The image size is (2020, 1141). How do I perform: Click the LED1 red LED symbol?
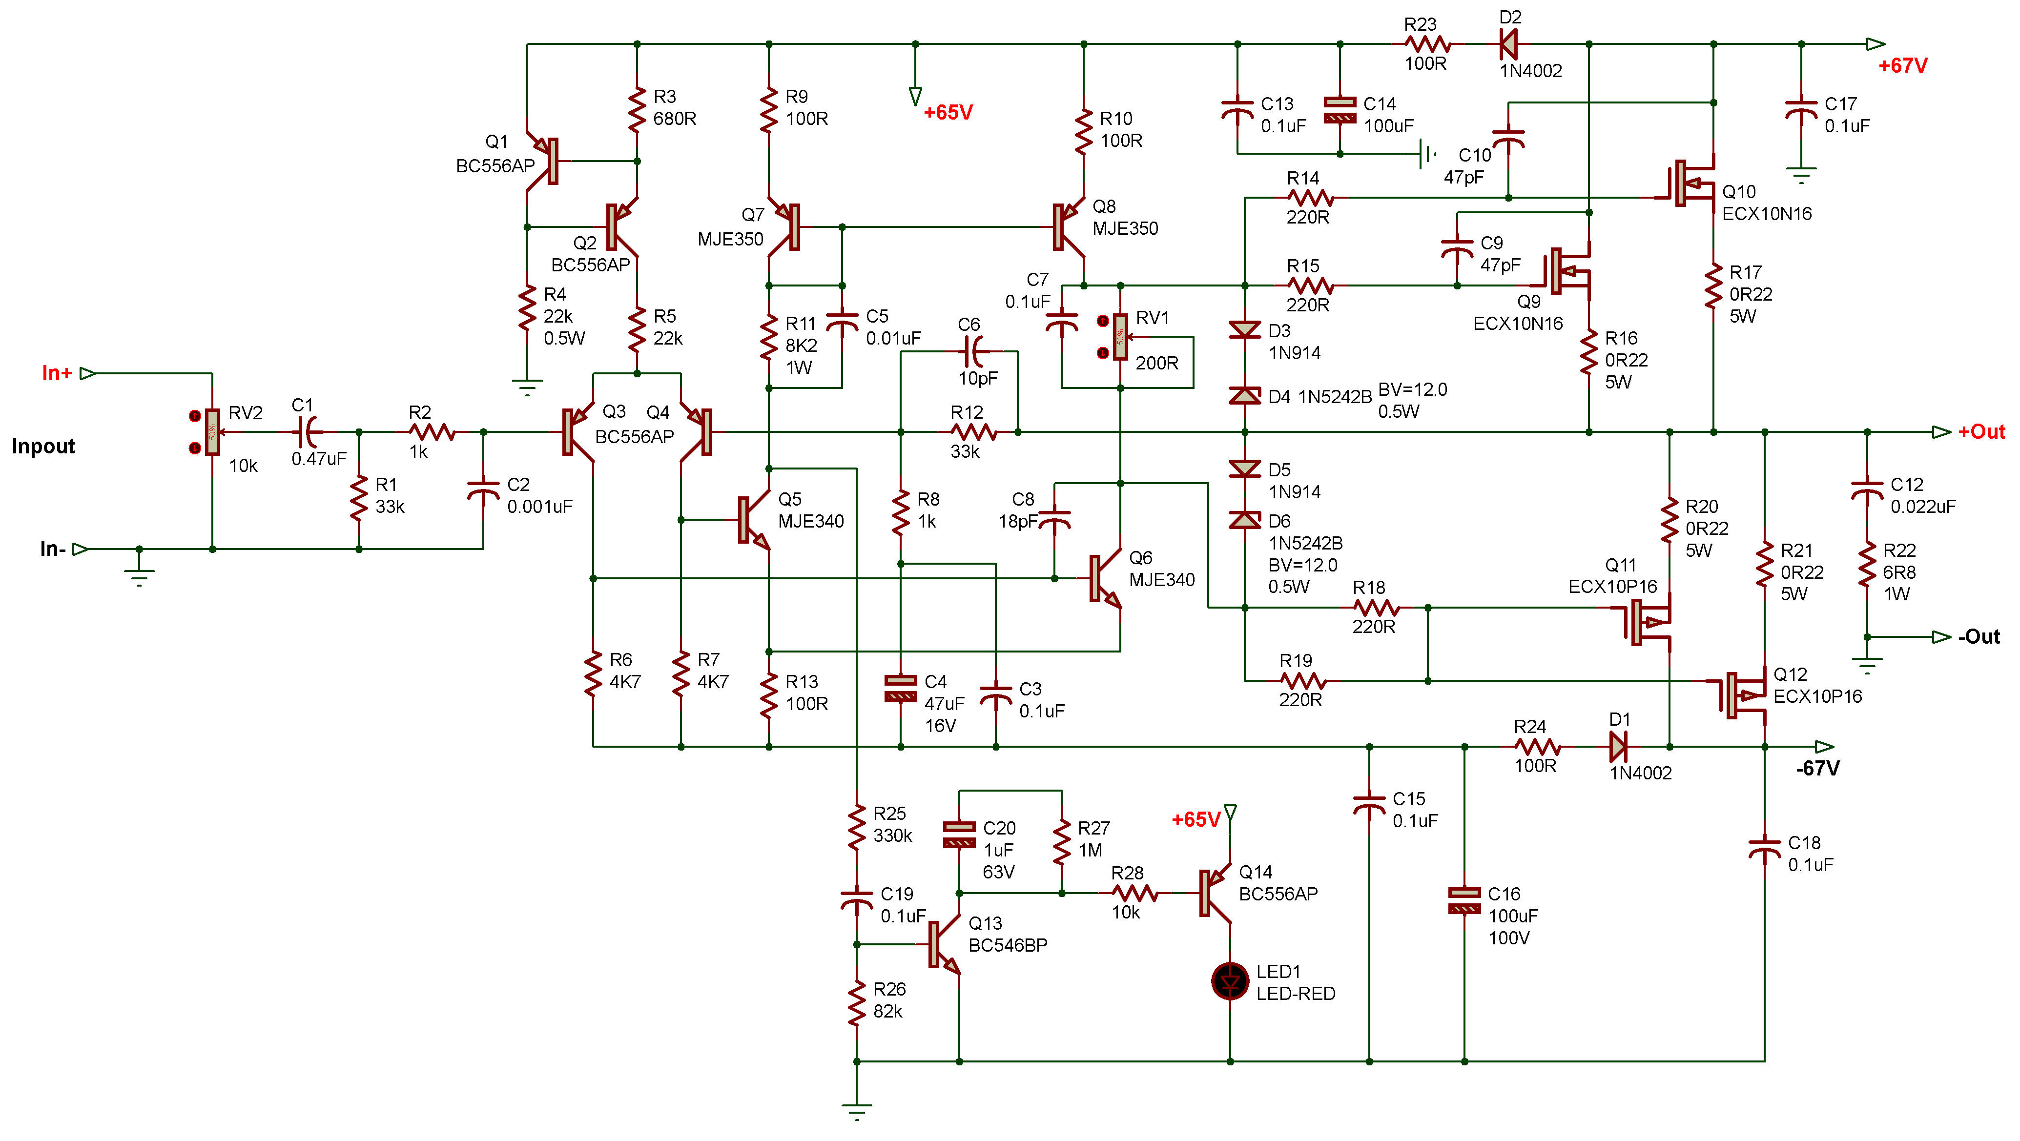point(1230,981)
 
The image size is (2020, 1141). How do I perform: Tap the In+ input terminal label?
point(57,373)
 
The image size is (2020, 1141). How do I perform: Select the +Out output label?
point(1981,432)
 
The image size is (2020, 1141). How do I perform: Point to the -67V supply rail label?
point(1817,769)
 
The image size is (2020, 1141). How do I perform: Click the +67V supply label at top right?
point(1902,66)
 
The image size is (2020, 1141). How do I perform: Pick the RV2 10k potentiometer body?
point(212,432)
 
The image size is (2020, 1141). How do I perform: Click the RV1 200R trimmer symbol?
point(1120,337)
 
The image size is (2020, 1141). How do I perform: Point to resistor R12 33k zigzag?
point(973,432)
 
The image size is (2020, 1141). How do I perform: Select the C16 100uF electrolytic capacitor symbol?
point(1464,901)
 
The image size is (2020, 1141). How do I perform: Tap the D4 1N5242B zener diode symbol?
point(1244,396)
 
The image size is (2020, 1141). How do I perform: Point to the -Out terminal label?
point(1978,637)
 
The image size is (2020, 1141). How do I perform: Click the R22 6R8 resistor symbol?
point(1867,570)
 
